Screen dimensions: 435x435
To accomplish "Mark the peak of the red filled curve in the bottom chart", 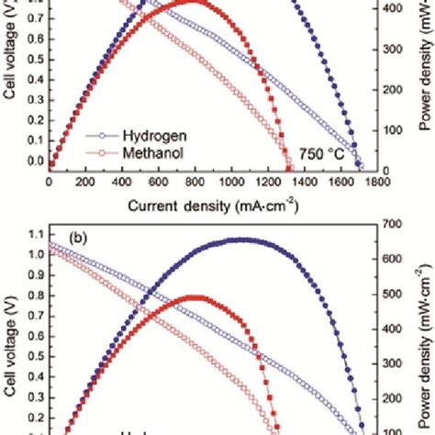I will (x=195, y=297).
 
